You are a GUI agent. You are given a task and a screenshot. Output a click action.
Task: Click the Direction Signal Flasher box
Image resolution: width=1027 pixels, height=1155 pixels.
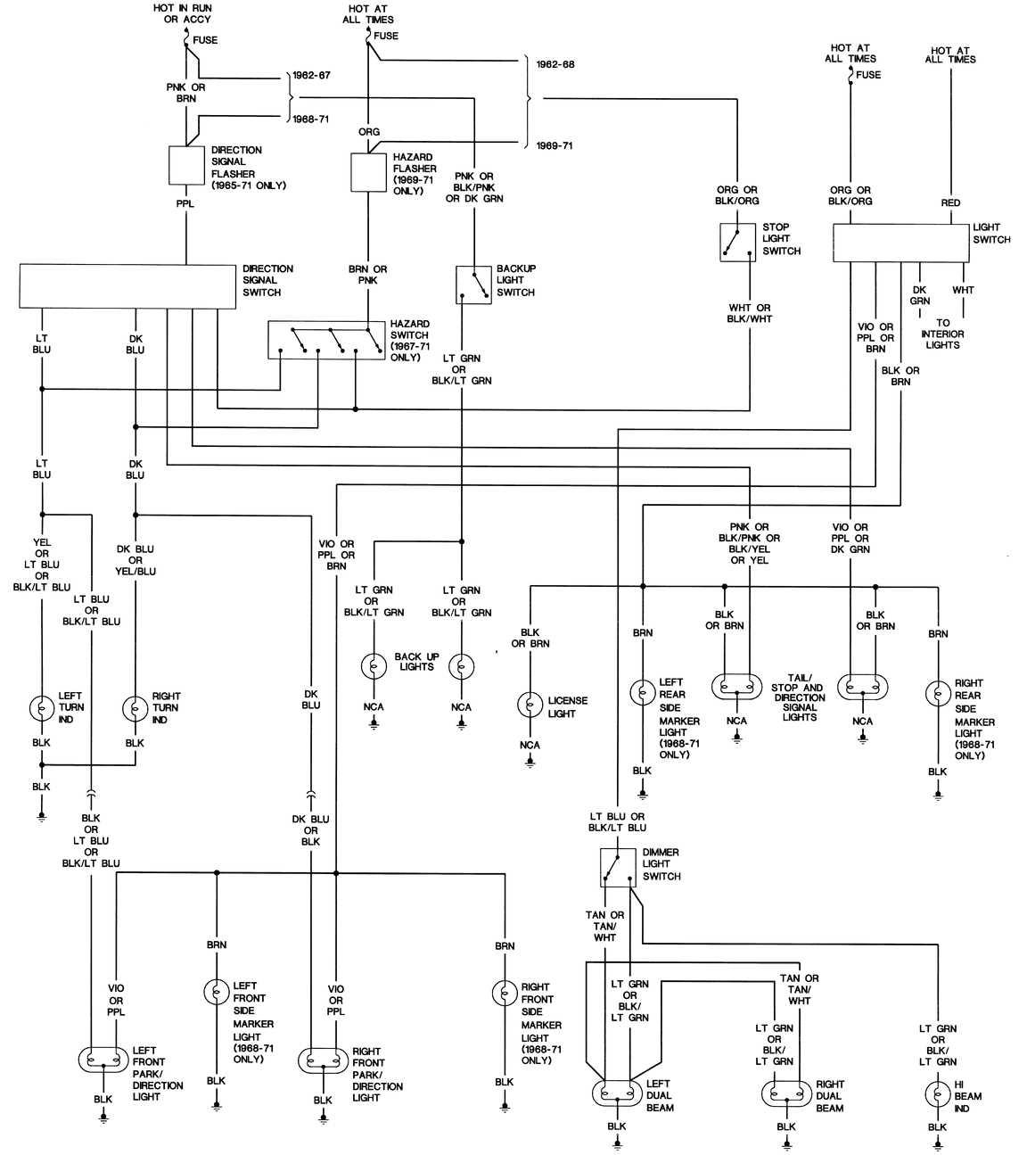coord(186,165)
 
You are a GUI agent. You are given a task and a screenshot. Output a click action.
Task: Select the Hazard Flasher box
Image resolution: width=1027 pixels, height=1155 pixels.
coord(367,172)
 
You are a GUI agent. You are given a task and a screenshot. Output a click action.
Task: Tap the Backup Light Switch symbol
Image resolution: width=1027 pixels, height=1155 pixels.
coord(473,285)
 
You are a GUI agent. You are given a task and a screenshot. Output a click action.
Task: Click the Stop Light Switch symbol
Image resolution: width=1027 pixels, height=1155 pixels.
coord(737,242)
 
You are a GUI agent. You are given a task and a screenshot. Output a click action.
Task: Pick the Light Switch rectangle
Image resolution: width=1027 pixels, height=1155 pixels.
coord(900,243)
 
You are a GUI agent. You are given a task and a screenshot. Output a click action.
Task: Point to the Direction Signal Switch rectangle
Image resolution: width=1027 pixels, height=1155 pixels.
coord(127,285)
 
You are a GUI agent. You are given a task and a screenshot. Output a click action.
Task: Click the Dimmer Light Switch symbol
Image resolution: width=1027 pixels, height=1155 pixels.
coord(617,866)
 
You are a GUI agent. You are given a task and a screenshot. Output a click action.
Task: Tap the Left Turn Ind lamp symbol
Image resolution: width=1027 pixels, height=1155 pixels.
coord(41,708)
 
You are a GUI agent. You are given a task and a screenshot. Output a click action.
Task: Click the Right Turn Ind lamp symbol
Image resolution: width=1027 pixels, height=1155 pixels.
coord(135,708)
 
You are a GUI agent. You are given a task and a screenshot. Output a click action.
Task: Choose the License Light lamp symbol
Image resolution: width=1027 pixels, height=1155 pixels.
coord(530,704)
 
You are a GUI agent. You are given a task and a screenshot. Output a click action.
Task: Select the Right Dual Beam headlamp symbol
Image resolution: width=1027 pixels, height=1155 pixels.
coord(786,1093)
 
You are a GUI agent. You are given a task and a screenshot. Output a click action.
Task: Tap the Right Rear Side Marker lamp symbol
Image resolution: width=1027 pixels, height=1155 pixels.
coord(938,693)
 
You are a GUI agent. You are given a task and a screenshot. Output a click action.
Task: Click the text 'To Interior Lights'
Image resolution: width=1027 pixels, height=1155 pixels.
coord(942,334)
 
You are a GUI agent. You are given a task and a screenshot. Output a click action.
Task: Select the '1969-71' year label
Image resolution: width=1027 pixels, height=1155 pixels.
coord(554,145)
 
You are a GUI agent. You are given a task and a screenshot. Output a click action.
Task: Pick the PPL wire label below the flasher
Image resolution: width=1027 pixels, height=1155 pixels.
coord(185,203)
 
